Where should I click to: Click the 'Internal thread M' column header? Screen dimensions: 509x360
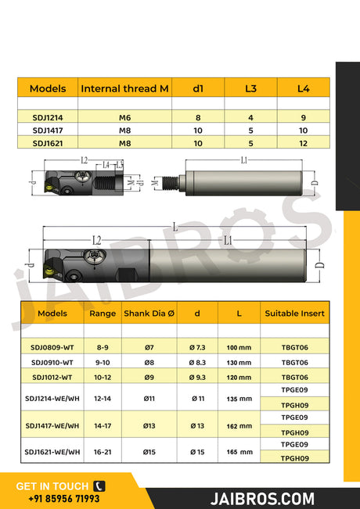[124, 88]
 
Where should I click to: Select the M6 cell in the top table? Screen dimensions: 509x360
[124, 117]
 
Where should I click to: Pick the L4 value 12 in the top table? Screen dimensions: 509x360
[303, 144]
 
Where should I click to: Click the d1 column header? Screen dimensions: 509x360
[198, 88]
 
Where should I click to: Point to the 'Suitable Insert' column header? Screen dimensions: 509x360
[294, 313]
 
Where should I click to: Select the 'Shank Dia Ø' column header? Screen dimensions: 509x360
[148, 313]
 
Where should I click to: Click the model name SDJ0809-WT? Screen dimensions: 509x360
[52, 346]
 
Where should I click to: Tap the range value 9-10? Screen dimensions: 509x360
[103, 362]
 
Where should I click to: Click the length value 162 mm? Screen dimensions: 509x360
[239, 426]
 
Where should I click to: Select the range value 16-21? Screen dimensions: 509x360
[103, 452]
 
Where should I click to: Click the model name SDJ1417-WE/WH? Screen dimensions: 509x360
[52, 426]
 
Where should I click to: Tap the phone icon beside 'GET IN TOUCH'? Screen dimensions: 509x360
[99, 486]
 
